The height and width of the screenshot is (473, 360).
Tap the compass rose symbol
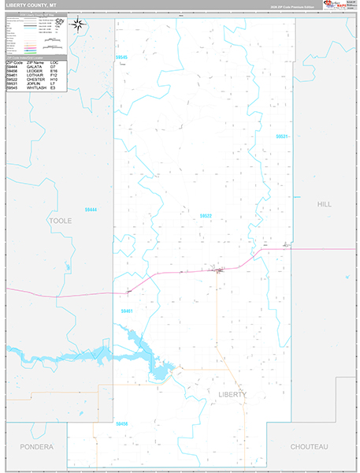[78, 24]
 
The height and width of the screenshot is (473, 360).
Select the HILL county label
[324, 203]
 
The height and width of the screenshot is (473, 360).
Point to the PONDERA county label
[36, 446]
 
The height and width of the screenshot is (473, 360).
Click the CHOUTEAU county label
[309, 446]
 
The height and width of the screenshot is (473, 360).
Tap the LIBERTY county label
[232, 394]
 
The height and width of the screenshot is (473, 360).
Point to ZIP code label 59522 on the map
[206, 215]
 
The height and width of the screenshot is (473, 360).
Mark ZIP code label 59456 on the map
[121, 424]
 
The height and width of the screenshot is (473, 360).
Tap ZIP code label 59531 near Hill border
[283, 136]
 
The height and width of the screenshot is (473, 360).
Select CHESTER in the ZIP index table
[36, 79]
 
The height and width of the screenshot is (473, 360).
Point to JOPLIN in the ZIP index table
[35, 83]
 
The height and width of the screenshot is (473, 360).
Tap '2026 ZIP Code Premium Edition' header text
[293, 6]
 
